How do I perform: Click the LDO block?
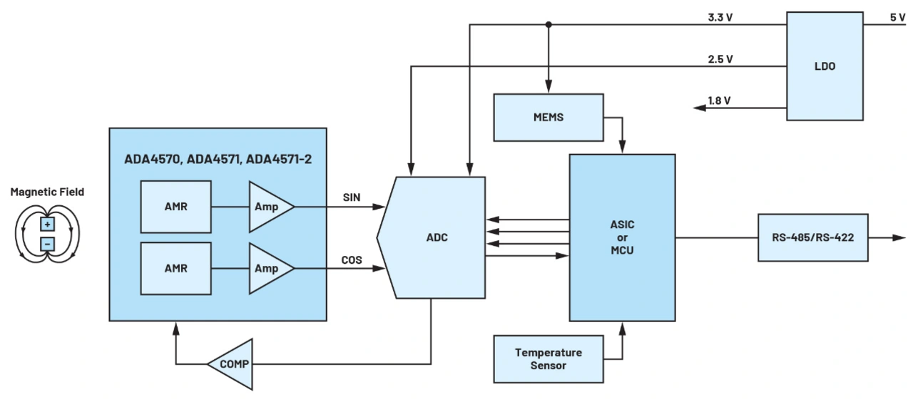pos(824,66)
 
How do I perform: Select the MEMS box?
pos(549,117)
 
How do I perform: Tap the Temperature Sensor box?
pos(549,359)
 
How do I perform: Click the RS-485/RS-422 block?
pos(812,237)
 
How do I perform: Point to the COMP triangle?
pos(232,364)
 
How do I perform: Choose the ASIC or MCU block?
pos(622,237)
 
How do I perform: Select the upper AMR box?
pos(175,206)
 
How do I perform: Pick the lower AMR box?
pos(175,268)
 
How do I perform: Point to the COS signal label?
pos(352,260)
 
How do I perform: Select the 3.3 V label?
pos(719,17)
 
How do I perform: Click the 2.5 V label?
pos(719,59)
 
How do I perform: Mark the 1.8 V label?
pos(719,100)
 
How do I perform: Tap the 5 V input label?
pos(897,17)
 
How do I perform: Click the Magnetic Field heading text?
pos(48,192)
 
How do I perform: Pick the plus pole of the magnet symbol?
pos(47,225)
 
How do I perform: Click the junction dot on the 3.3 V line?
pos(549,25)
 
